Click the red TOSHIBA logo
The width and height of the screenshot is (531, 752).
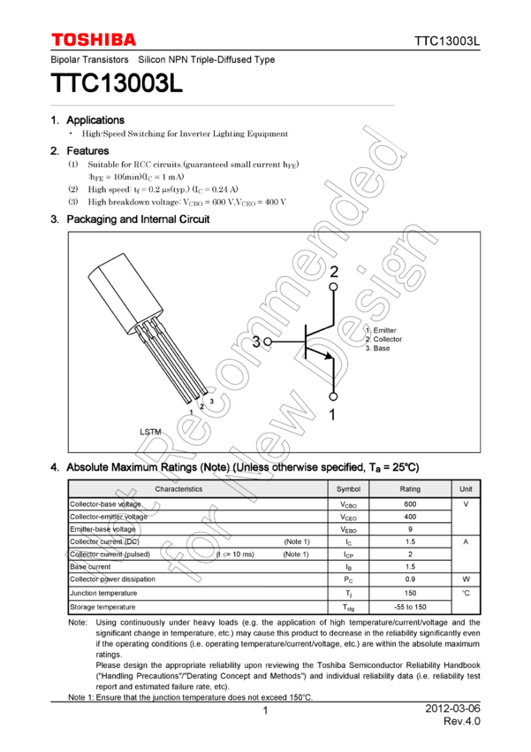94,40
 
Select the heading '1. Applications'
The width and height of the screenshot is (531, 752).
87,120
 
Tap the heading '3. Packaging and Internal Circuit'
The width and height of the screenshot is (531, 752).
130,219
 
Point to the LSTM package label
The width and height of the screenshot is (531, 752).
150,431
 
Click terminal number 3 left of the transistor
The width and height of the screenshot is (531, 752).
256,341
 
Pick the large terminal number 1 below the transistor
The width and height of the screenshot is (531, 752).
333,413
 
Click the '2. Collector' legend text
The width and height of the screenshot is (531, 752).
383,340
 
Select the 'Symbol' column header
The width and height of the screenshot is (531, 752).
349,489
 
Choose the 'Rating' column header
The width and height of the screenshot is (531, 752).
410,489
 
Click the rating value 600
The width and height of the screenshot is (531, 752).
410,503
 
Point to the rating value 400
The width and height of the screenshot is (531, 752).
410,517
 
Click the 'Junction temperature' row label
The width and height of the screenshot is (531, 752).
103,594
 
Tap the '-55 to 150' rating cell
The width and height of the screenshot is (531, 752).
410,608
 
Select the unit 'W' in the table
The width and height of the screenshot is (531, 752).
466,579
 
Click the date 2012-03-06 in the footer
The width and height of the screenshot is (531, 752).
452,710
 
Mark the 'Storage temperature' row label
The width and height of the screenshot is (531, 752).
102,608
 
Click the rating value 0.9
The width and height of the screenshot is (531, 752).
410,579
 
